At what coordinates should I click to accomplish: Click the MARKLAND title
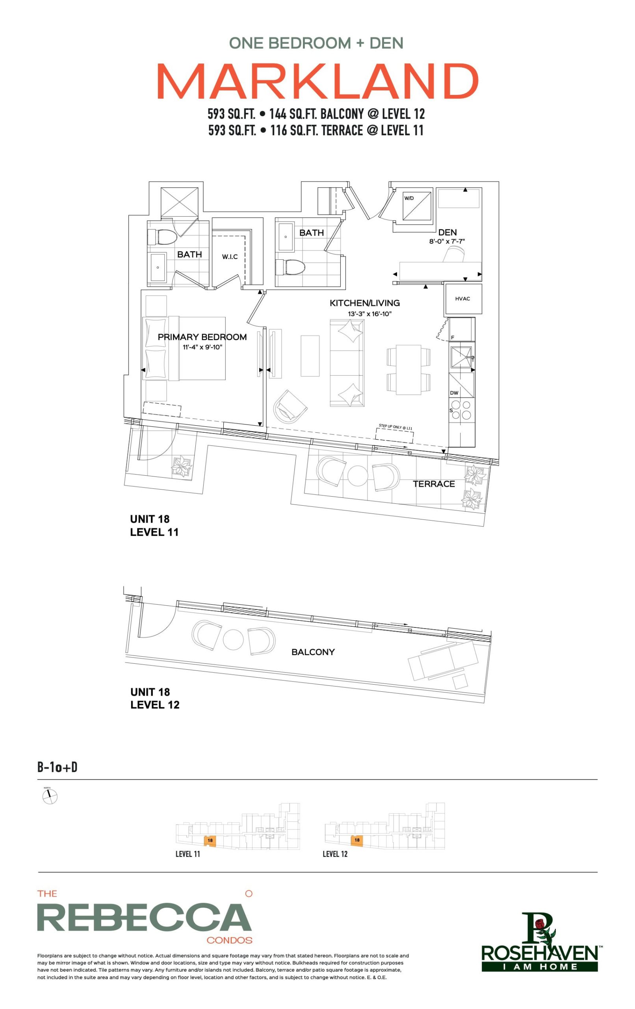pyautogui.click(x=317, y=82)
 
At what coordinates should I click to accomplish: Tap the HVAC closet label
pyautogui.click(x=462, y=299)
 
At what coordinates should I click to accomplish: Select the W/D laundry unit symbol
pyautogui.click(x=416, y=205)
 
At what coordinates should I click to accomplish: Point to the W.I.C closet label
pyautogui.click(x=230, y=257)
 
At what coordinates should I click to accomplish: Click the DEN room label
pyautogui.click(x=447, y=232)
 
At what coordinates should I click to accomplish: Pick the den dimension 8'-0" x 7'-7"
pyautogui.click(x=447, y=241)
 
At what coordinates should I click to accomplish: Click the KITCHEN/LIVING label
pyautogui.click(x=364, y=303)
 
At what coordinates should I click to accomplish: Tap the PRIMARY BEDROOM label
pyautogui.click(x=202, y=337)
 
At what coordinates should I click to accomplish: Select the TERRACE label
pyautogui.click(x=434, y=484)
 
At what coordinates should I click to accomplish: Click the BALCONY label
pyautogui.click(x=313, y=652)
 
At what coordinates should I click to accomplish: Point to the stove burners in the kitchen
pyautogui.click(x=461, y=410)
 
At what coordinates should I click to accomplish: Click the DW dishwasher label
pyautogui.click(x=454, y=393)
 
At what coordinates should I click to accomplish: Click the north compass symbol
pyautogui.click(x=50, y=797)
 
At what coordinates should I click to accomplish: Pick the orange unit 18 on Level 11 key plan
pyautogui.click(x=210, y=840)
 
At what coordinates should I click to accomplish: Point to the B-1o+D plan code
pyautogui.click(x=58, y=767)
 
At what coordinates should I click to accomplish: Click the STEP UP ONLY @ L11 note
pyautogui.click(x=395, y=427)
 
